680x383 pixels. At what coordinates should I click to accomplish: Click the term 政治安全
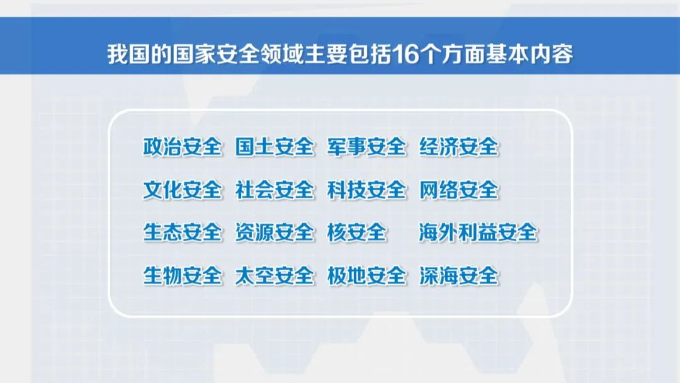(x=182, y=147)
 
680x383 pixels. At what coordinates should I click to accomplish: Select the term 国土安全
(x=274, y=147)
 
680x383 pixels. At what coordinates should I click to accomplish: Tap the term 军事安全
(x=366, y=147)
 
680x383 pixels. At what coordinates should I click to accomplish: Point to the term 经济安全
(x=458, y=147)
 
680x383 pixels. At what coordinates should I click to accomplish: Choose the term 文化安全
(x=182, y=190)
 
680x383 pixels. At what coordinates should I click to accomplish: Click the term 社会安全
(x=274, y=190)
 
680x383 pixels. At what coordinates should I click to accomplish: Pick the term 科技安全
(x=366, y=190)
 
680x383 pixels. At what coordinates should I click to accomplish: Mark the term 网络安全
(x=458, y=190)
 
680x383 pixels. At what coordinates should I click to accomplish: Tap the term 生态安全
(x=182, y=232)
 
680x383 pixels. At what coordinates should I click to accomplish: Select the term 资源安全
(x=274, y=232)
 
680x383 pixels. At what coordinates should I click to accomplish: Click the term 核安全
(x=356, y=232)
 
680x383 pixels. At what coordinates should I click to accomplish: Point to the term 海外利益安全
(x=478, y=232)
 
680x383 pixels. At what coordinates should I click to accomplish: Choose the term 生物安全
(x=182, y=276)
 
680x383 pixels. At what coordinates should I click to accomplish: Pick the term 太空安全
(x=274, y=276)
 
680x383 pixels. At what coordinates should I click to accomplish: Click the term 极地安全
(x=366, y=276)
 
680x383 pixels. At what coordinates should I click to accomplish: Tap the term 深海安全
(x=458, y=276)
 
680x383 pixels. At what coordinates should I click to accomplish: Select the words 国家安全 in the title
(x=215, y=55)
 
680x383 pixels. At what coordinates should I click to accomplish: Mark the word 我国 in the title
(x=128, y=55)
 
